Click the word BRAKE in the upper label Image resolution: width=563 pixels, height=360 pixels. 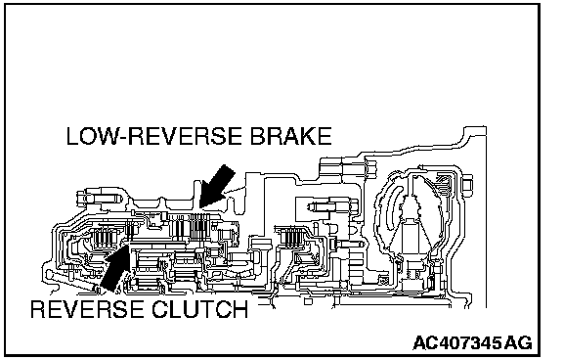pyautogui.click(x=290, y=136)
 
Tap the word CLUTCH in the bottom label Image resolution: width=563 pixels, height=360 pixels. pyautogui.click(x=200, y=308)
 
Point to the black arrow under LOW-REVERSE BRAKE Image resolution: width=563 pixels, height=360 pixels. pyautogui.click(x=217, y=187)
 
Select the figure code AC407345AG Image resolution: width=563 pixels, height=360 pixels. pyautogui.click(x=472, y=342)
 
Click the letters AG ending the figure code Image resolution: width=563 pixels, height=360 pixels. pyautogui.click(x=518, y=342)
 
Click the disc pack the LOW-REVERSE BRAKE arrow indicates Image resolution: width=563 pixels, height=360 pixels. pyautogui.click(x=191, y=227)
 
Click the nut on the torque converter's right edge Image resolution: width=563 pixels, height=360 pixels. pyautogui.click(x=468, y=183)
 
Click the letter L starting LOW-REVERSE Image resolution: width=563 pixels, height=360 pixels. pyautogui.click(x=72, y=136)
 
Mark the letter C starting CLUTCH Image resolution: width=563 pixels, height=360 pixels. pyautogui.click(x=160, y=308)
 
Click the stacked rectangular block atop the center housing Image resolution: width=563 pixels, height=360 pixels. pyautogui.click(x=348, y=169)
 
